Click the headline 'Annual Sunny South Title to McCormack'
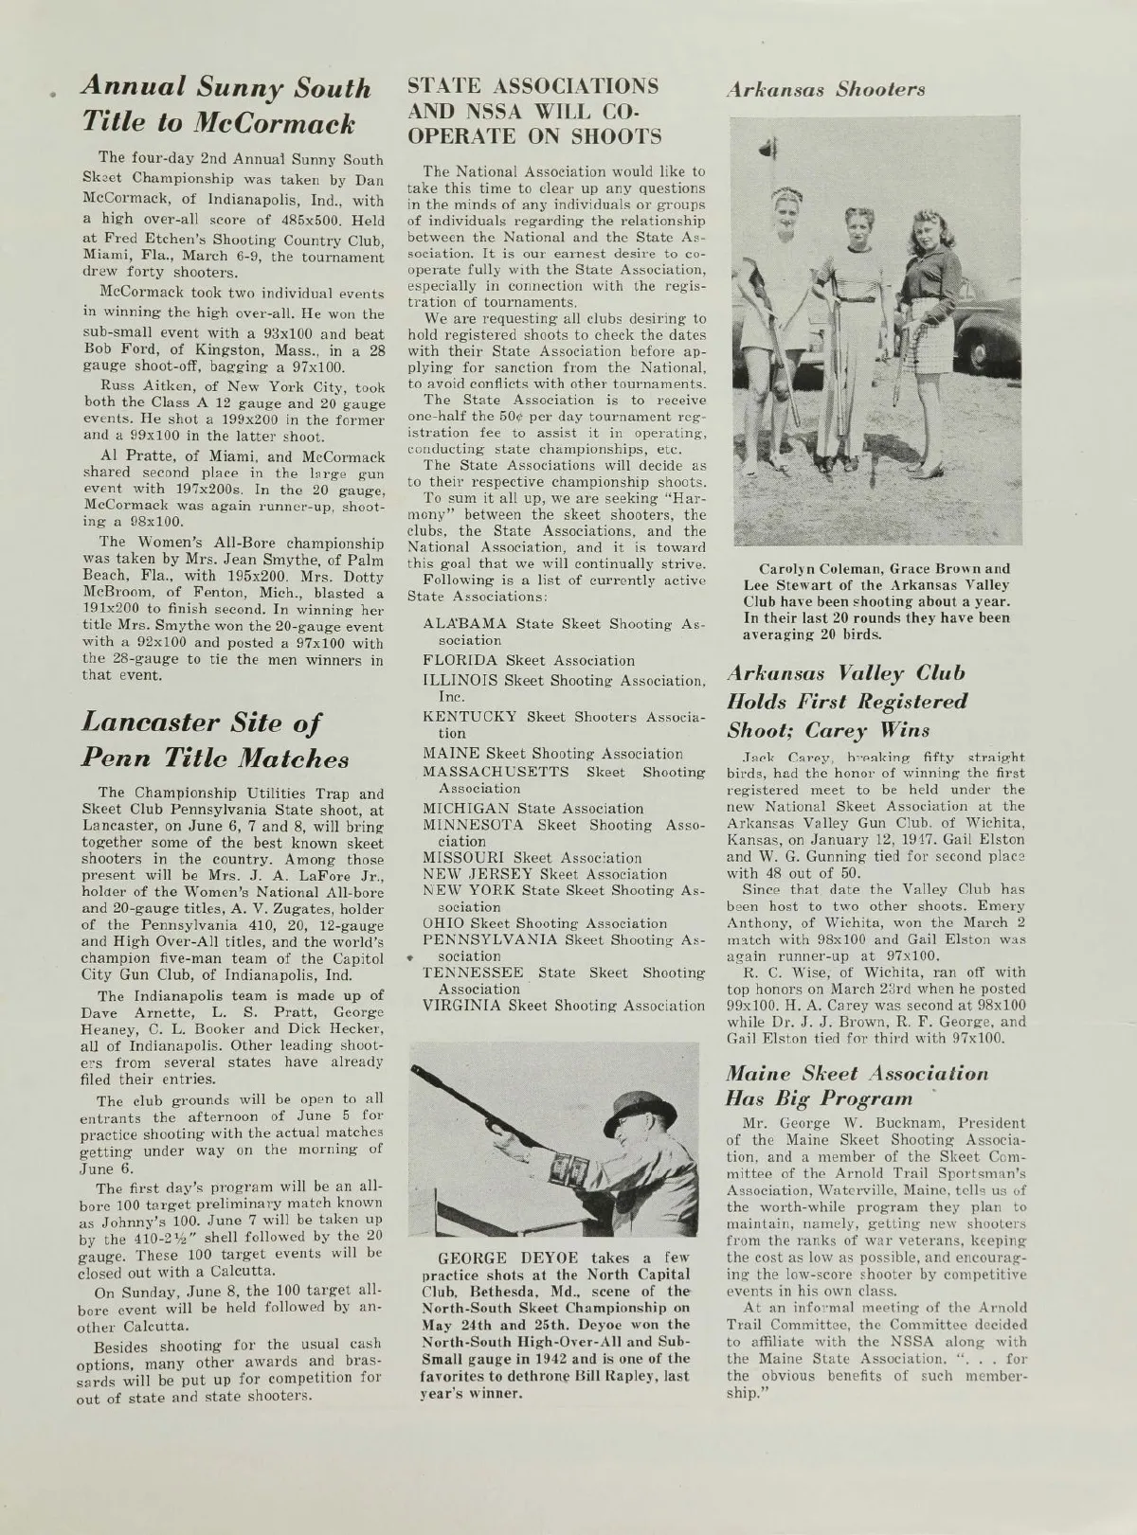point(226,104)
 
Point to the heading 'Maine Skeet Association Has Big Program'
point(857,1085)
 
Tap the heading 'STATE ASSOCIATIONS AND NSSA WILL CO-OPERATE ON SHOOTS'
point(534,110)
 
